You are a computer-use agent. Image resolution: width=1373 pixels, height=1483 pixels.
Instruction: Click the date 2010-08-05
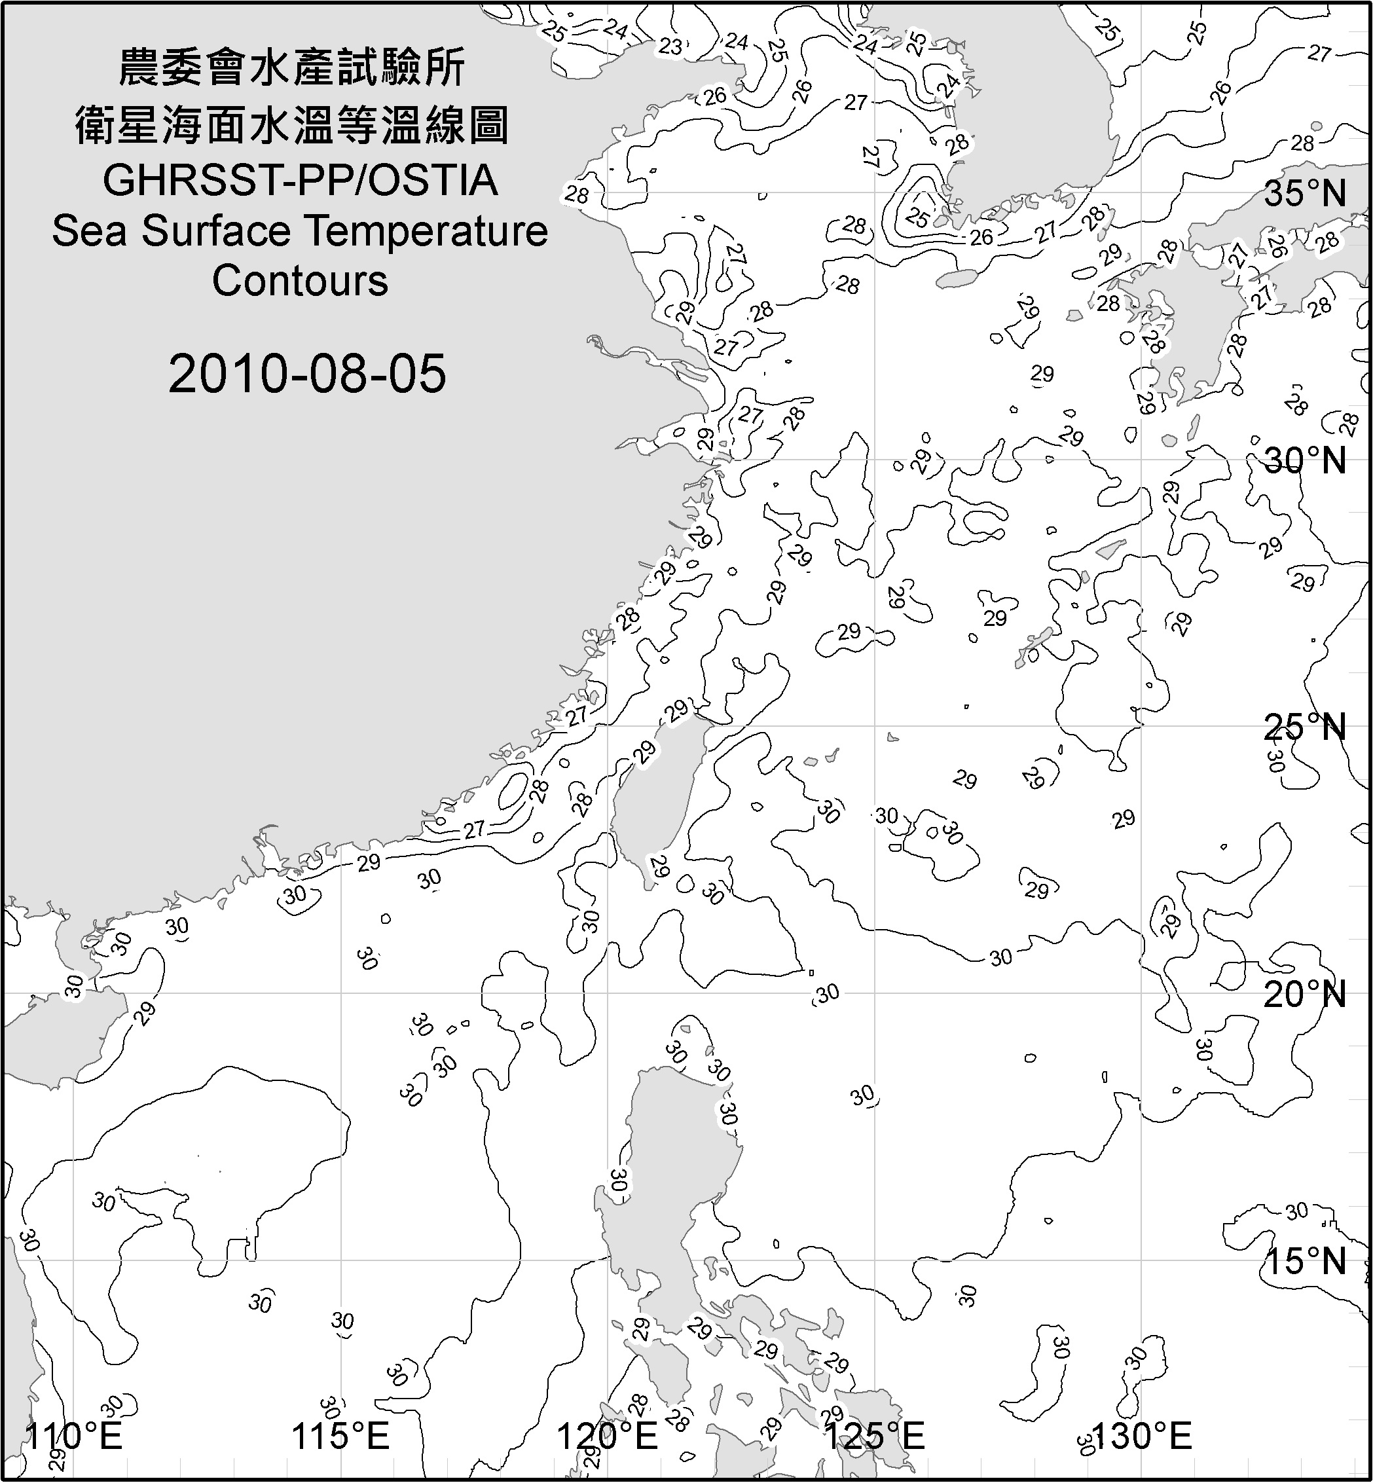tap(307, 374)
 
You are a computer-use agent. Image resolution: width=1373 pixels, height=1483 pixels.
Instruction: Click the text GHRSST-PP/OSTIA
tap(300, 181)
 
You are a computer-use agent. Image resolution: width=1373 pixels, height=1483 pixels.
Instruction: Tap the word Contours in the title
tap(300, 281)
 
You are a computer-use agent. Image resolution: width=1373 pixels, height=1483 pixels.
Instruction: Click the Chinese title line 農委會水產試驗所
tap(292, 67)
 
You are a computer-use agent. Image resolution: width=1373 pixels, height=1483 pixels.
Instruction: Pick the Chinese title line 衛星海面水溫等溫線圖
tap(292, 125)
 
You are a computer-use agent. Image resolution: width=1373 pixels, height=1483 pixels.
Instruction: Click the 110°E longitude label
tap(74, 1435)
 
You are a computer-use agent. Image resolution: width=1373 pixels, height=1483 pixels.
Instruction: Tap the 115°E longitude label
tap(341, 1435)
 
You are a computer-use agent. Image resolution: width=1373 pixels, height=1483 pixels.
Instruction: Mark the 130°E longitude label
tap(1143, 1435)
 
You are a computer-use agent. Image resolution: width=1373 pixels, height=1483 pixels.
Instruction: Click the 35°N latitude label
tap(1306, 194)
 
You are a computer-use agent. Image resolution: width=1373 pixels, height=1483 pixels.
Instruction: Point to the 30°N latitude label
tap(1306, 461)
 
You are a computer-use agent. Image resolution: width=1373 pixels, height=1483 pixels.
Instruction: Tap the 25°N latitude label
tap(1306, 727)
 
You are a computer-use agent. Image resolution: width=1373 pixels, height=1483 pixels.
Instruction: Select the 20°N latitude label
tap(1306, 994)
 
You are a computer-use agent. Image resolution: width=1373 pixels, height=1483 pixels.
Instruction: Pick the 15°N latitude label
tap(1306, 1261)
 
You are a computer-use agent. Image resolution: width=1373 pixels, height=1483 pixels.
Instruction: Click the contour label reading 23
tap(670, 46)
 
